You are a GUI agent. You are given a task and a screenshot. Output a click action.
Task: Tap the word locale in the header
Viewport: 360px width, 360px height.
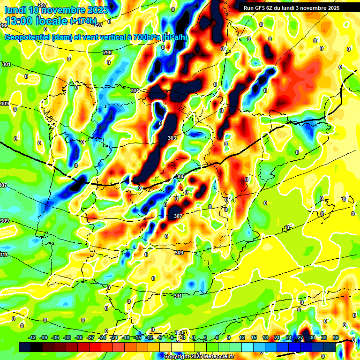53,21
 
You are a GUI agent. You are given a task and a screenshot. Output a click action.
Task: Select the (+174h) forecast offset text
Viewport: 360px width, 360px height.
83,21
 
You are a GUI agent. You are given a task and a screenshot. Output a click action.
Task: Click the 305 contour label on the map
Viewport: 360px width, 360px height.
180,176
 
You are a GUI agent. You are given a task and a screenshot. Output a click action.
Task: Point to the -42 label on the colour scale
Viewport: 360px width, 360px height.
32,337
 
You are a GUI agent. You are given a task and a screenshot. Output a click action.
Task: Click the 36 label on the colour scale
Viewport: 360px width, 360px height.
336,337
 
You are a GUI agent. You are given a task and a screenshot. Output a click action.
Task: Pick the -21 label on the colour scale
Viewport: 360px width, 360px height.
113,337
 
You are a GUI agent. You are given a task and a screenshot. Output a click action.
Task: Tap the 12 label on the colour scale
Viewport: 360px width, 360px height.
242,337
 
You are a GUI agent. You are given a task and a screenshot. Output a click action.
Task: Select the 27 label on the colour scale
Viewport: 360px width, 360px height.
300,337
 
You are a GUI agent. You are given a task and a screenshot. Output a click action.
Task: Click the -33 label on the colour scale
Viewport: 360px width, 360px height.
67,337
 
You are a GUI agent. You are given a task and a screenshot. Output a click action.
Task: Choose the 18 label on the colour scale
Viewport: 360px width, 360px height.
265,337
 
